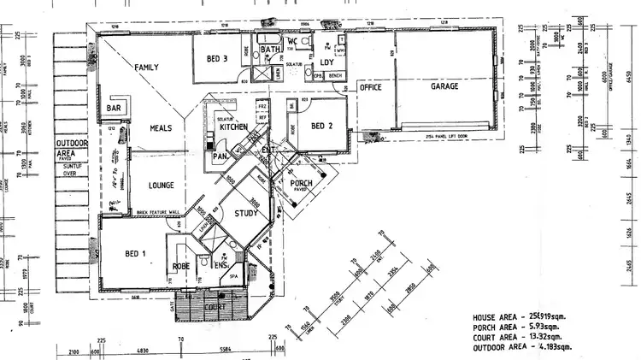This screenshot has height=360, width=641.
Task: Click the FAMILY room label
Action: tap(146, 66)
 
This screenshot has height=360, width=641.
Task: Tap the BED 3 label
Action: tap(217, 59)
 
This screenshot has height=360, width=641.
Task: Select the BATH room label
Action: tap(271, 50)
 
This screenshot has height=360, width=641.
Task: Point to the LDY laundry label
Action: tap(326, 62)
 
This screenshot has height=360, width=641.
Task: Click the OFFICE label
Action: tap(369, 86)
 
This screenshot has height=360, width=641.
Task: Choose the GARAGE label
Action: tap(444, 86)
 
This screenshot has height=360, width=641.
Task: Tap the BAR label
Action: tap(114, 109)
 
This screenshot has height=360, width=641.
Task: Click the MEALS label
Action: tap(161, 128)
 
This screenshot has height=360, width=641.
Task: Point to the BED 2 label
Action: tap(321, 127)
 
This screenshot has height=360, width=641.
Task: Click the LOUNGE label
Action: tap(161, 185)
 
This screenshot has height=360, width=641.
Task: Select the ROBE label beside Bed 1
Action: tap(182, 266)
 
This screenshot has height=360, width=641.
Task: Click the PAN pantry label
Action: tap(219, 156)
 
